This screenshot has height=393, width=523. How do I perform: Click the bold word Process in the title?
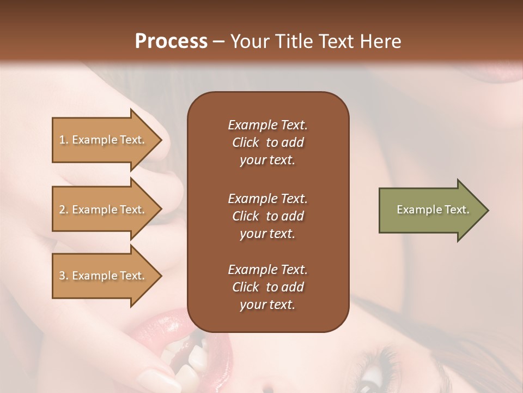[x=171, y=41]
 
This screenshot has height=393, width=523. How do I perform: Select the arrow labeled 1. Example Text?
[x=104, y=140]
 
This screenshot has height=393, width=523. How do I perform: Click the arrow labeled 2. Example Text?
[x=104, y=210]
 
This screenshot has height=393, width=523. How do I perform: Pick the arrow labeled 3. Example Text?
[x=104, y=276]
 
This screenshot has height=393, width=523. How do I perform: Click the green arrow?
[x=430, y=210]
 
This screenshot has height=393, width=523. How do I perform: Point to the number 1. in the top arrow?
[x=64, y=140]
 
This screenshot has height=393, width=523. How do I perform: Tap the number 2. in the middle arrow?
[x=64, y=210]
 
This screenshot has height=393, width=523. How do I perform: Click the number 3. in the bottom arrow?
[x=64, y=276]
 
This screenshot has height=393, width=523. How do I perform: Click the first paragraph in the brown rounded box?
[x=267, y=142]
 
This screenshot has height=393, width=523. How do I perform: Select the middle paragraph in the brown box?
[x=267, y=216]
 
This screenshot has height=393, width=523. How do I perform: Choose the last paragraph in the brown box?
[x=267, y=287]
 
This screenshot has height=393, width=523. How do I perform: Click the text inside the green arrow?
[x=433, y=210]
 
